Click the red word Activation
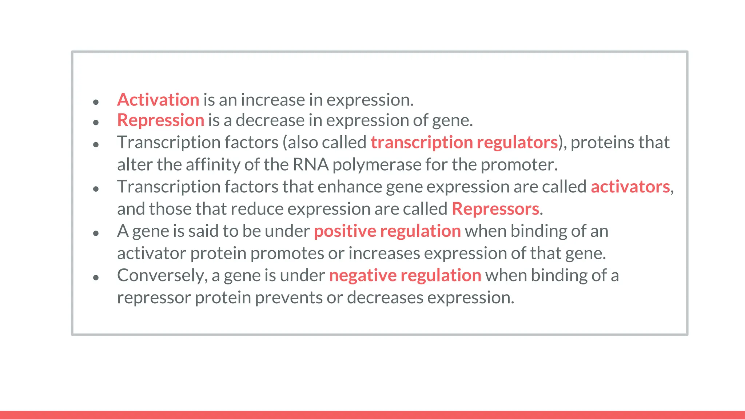point(158,100)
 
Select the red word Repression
point(160,120)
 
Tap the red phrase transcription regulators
point(464,143)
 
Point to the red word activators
point(630,187)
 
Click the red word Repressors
point(495,209)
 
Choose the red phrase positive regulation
point(387,231)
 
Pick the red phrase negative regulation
point(405,276)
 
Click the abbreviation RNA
point(310,165)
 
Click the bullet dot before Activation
point(96,102)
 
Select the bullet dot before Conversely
point(96,278)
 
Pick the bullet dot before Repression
point(96,123)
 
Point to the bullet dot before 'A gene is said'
point(96,234)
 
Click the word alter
point(135,165)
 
